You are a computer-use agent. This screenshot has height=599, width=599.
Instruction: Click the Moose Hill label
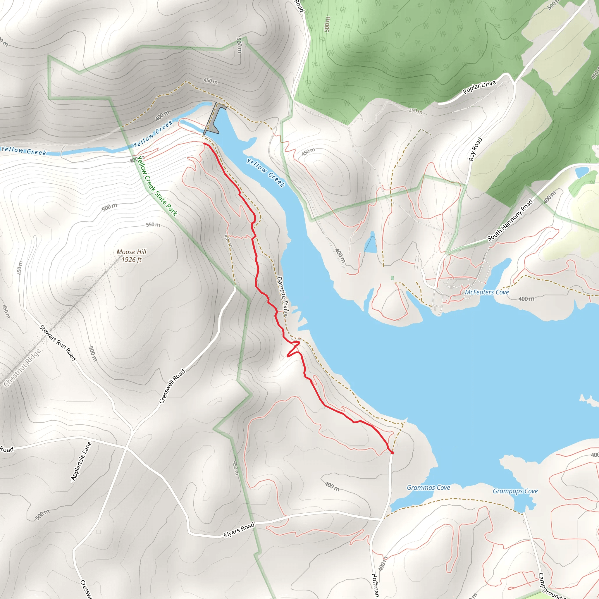pos(131,252)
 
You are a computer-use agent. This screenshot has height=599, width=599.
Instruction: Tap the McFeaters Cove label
pos(487,292)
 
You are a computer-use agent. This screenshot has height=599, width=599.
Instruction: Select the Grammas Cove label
pos(428,487)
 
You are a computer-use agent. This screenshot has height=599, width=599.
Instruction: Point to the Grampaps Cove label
pos(515,491)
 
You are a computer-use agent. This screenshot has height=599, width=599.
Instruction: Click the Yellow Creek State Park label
pos(157,186)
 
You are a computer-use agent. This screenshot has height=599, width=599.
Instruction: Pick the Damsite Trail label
pos(283,296)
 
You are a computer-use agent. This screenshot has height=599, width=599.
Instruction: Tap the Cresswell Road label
pos(172,386)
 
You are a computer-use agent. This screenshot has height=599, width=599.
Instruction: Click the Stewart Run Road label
pos(58,343)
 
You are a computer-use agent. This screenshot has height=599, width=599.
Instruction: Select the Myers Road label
pos(239,530)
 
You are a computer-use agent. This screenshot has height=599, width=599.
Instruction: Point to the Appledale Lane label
pos(81,461)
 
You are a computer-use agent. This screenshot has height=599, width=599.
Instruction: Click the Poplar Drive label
pos(479,87)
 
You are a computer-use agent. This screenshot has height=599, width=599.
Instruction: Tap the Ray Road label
pos(475,149)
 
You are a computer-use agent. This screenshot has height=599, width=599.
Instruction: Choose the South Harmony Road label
pos(510,220)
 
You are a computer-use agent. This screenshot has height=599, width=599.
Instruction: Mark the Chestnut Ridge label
pos(22,368)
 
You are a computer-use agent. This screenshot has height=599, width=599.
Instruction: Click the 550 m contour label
pos(153,224)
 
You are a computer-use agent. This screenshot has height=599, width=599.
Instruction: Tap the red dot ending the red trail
pos(392,453)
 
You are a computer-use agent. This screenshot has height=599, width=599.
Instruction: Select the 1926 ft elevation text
pos(131,259)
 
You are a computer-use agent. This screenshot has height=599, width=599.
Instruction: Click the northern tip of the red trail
pos(204,143)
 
